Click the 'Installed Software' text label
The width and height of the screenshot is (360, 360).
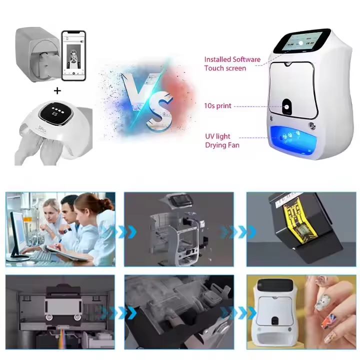232,59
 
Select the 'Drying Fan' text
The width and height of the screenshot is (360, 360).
222,145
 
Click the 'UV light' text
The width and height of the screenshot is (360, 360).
217,137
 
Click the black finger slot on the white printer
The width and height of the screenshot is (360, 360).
287,106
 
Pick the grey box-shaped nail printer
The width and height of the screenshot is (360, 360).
37,52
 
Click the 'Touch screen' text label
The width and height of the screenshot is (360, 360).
225,68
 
